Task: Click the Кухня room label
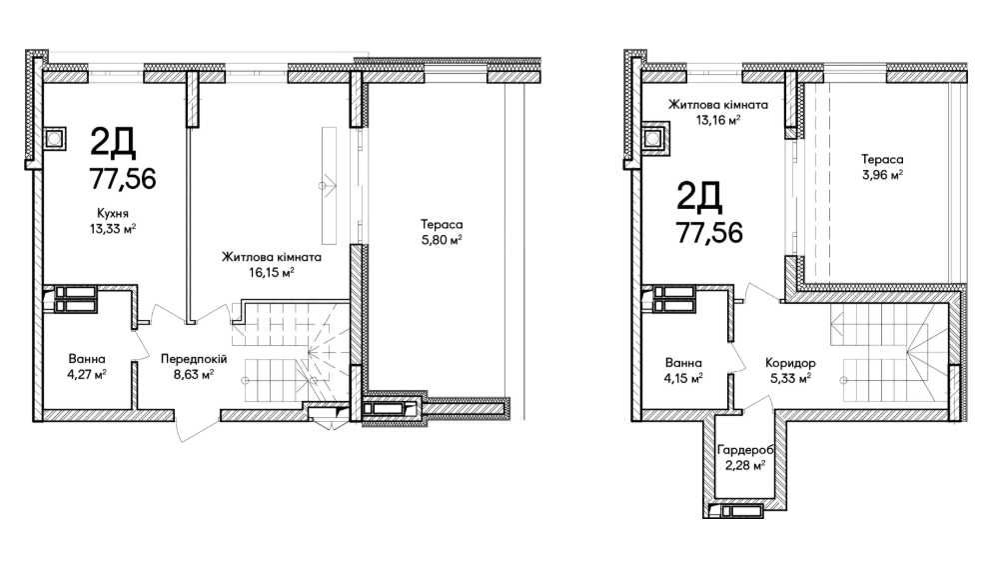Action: point(113,213)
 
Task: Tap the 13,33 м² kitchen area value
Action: point(113,228)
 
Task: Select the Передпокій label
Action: point(194,359)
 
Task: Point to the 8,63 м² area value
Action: point(194,374)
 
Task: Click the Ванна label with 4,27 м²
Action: point(87,359)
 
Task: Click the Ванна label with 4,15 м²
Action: point(683,363)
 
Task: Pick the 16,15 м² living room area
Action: point(272,272)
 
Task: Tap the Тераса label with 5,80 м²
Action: point(442,225)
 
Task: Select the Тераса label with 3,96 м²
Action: point(883,160)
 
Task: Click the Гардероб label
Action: point(745,450)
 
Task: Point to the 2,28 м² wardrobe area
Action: point(745,466)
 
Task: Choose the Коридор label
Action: point(790,363)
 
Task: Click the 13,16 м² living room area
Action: point(717,120)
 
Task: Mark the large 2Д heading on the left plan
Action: point(113,143)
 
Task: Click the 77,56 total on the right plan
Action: point(709,233)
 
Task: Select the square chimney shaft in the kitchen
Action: point(55,138)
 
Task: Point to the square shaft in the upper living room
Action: point(656,139)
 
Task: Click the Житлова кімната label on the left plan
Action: point(272,257)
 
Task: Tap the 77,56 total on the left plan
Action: point(123,179)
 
